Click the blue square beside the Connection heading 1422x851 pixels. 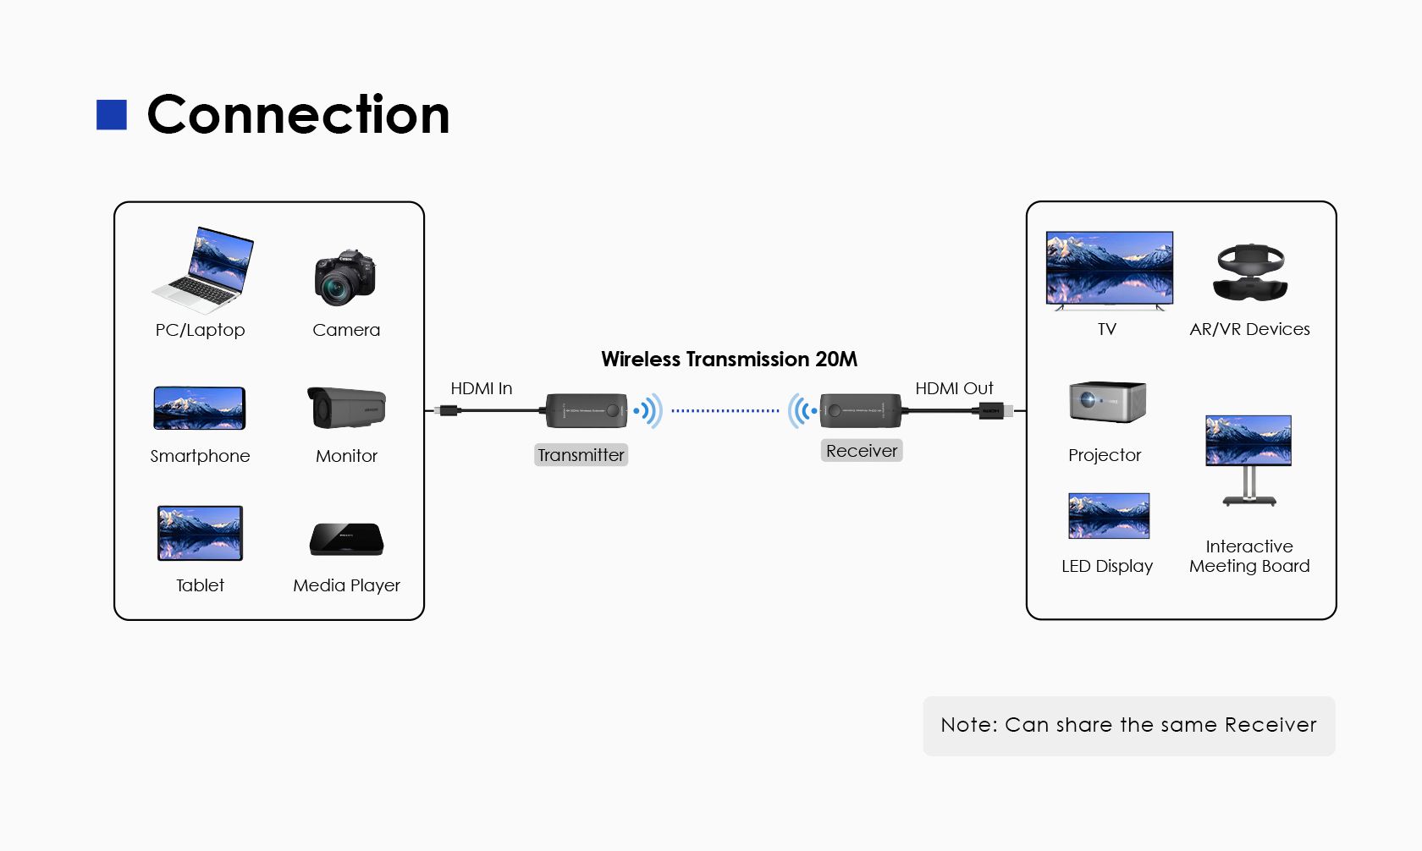tap(112, 115)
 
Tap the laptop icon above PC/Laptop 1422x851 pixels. tap(204, 270)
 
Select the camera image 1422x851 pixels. tap(344, 277)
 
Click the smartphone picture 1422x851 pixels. tap(200, 409)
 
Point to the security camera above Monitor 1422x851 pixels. tap(346, 407)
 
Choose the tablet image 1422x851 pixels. tap(200, 533)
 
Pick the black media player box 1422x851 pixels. tap(346, 540)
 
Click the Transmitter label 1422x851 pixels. tap(581, 455)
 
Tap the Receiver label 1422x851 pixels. tap(862, 451)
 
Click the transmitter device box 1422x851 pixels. tap(586, 410)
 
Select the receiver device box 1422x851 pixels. tap(860, 410)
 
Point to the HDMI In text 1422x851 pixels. tap(481, 388)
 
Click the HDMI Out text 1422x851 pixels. tap(954, 388)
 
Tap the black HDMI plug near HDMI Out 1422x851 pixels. tap(991, 411)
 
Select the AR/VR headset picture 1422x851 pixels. tap(1250, 272)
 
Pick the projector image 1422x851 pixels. tap(1107, 402)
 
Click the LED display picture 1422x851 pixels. tap(1109, 516)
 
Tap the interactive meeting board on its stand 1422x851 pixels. tap(1248, 457)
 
